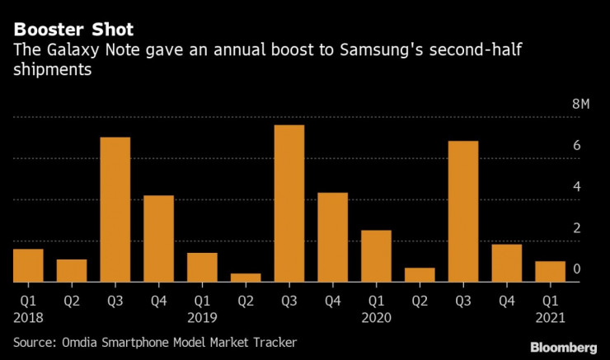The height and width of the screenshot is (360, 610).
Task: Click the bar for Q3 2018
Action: pos(115,209)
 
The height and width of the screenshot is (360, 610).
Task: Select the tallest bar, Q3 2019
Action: pos(289,203)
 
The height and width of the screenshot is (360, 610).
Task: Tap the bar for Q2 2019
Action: pos(246,278)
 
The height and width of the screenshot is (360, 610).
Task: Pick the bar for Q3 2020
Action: pos(463,212)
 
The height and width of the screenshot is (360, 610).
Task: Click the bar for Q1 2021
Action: pos(550,272)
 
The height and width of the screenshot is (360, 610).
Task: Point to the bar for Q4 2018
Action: pos(158,239)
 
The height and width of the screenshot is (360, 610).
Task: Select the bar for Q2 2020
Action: pos(420,275)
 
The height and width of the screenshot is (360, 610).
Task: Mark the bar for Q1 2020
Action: pos(376,256)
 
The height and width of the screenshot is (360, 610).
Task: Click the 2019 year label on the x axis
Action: pos(201,316)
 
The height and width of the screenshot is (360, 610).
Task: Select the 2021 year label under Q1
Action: pos(550,316)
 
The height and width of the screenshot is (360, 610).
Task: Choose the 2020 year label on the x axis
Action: pos(376,316)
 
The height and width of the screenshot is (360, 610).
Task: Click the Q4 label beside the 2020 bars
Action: pos(506,301)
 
